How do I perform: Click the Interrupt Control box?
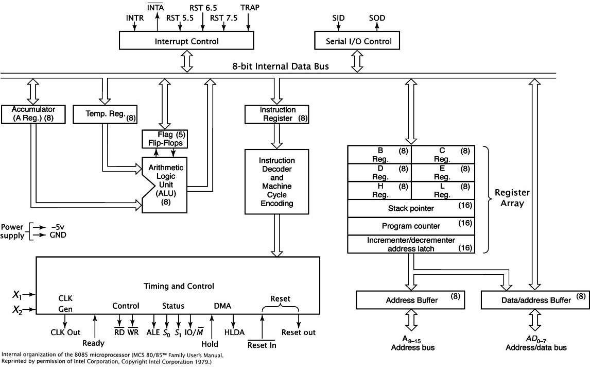tap(186, 41)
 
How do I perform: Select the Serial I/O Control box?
tap(359, 41)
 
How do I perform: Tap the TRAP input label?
tap(250, 8)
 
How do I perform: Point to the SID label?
tap(338, 19)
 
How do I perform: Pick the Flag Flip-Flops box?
tap(165, 139)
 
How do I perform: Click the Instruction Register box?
tap(277, 114)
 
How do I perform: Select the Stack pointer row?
tap(411, 208)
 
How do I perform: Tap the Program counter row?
tap(411, 226)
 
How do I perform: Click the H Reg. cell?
tap(379, 190)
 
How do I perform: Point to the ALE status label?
tap(153, 332)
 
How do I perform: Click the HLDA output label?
tap(234, 332)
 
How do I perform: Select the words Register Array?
tap(512, 198)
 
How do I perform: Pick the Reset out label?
tap(299, 332)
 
